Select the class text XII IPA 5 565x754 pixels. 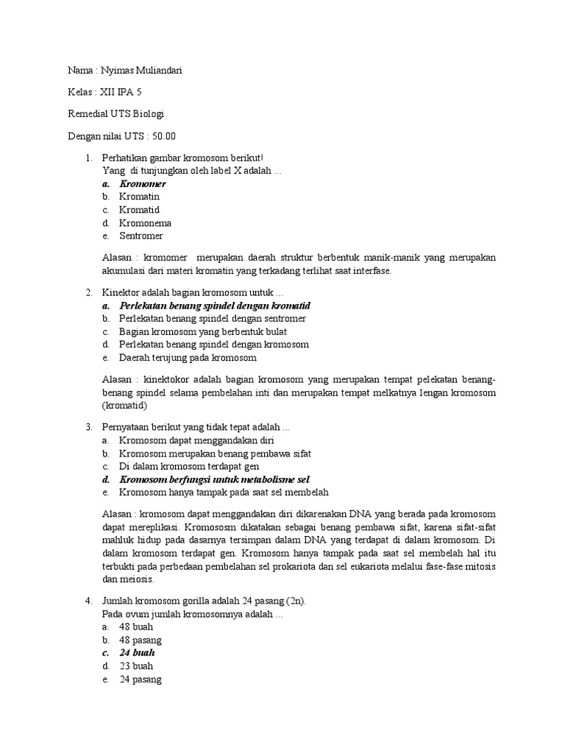pos(122,92)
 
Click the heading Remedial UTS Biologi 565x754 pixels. pos(116,114)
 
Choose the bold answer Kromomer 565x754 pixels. pos(143,184)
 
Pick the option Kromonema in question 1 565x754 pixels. pos(146,223)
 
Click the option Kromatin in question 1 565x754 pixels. pos(140,197)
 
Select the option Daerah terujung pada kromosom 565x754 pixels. pos(188,358)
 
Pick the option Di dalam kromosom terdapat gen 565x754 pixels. pos(189,466)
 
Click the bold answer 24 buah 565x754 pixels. pos(138,653)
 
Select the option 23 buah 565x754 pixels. pos(136,666)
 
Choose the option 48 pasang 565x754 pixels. pos(141,640)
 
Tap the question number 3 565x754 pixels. pos(88,427)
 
